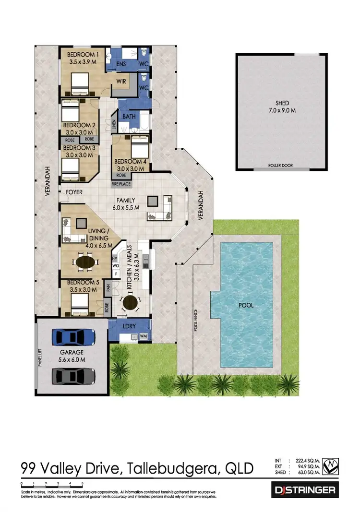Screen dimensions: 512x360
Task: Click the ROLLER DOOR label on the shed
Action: [x=280, y=166]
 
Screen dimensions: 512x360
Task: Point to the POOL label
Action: [x=246, y=305]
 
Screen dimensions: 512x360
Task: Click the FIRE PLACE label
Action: [x=121, y=184]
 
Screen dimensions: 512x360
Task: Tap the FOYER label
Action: [x=74, y=192]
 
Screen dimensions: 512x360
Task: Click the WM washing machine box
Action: [x=143, y=337]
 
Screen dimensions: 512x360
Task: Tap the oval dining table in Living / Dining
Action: [x=86, y=262]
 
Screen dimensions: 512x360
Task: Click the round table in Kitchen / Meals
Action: [x=130, y=302]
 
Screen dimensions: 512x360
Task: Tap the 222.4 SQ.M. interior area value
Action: [x=305, y=460]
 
